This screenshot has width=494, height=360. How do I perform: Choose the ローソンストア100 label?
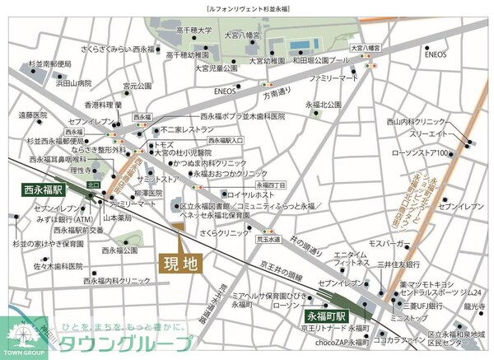442,153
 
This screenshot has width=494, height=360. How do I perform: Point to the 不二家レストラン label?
188,129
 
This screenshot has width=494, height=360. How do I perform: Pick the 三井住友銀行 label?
399,264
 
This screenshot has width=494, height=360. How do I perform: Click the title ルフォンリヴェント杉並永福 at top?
247,7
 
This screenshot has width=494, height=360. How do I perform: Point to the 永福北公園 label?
323,105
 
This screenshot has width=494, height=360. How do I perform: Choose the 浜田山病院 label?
73,83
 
